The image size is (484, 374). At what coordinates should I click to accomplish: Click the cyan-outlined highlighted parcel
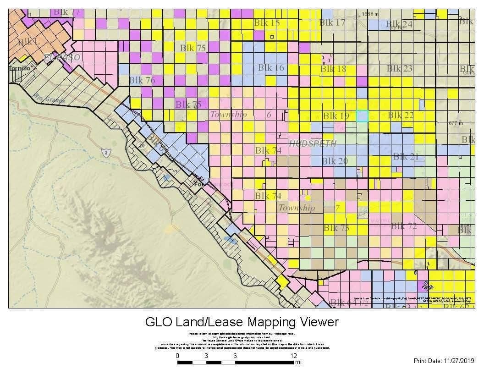click(362, 115)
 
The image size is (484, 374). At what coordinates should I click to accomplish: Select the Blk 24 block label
click(399, 24)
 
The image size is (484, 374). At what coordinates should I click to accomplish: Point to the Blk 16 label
click(271, 68)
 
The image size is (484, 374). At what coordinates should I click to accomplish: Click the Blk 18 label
click(333, 69)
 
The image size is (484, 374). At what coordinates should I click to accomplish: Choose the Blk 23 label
click(400, 68)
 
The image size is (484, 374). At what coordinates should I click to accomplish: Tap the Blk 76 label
click(142, 80)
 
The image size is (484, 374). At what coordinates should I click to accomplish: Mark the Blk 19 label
click(336, 116)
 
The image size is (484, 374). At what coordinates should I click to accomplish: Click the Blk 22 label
click(401, 115)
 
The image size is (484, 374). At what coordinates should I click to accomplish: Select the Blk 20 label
click(335, 161)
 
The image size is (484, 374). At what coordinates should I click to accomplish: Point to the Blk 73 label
click(336, 228)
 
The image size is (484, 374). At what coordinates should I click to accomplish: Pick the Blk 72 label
click(404, 226)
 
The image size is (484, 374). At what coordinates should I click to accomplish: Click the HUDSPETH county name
click(313, 143)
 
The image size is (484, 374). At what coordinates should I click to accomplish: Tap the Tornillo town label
click(19, 68)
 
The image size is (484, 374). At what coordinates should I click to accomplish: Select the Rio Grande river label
click(49, 98)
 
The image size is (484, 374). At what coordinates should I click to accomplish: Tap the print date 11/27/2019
click(456, 361)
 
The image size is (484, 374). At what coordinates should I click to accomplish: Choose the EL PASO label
click(62, 57)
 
